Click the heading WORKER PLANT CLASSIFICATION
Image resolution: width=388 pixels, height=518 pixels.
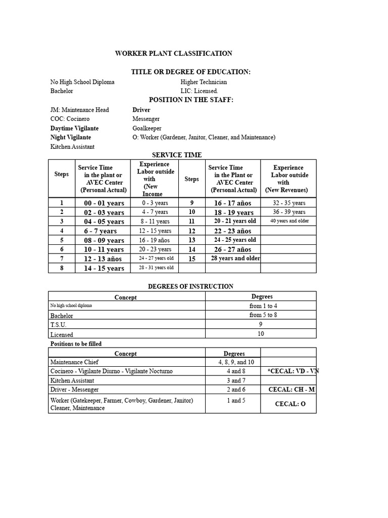(174, 53)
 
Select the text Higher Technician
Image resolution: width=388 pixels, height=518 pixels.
(204, 82)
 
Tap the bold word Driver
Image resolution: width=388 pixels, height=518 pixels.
(141, 110)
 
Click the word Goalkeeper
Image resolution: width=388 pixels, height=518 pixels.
(147, 128)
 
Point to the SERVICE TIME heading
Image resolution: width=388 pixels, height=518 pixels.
(177, 155)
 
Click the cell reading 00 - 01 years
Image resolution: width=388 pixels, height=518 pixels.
(104, 203)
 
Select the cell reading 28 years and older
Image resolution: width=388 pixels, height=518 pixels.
(235, 258)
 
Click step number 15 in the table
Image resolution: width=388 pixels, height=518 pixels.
(191, 258)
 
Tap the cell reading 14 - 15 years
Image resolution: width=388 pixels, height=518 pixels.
(104, 268)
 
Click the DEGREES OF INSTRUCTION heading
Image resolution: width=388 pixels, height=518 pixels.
(190, 286)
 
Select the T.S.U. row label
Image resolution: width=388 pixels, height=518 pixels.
(58, 325)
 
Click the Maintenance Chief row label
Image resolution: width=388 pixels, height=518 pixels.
(74, 362)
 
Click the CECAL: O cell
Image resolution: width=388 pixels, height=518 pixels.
(290, 404)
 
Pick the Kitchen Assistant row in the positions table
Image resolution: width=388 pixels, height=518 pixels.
(72, 380)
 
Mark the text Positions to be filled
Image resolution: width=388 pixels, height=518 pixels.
(76, 343)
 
